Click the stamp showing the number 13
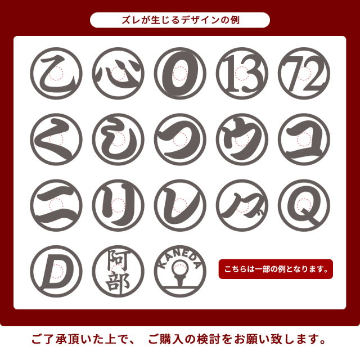pos(242,74)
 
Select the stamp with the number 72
pos(304,74)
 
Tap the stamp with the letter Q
pos(304,205)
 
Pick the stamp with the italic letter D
pos(56,271)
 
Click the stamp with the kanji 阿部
pos(118,271)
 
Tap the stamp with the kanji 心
pos(118,74)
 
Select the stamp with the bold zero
pos(180,74)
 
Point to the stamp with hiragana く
pos(56,139)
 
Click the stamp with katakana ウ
pos(242,139)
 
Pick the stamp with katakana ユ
pos(304,139)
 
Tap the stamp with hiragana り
pos(118,205)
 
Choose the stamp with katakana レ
pos(180,205)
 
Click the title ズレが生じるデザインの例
pos(180,20)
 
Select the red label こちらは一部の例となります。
pos(276,269)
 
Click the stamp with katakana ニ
pos(56,205)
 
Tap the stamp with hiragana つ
pos(180,139)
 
